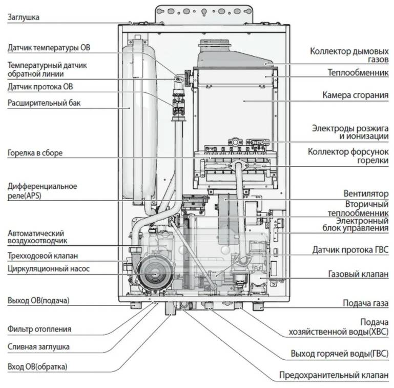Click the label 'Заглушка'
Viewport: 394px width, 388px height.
[x=24, y=17]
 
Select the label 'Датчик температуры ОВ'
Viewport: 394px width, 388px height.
[x=49, y=48]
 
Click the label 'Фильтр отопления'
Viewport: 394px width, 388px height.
[x=39, y=329]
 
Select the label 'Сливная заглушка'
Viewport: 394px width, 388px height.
[x=38, y=347]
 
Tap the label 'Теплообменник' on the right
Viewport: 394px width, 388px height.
[x=358, y=73]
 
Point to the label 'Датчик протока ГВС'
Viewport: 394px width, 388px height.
[x=350, y=250]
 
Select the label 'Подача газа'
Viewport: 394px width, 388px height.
[x=365, y=303]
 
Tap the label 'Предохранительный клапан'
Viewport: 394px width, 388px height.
[x=334, y=375]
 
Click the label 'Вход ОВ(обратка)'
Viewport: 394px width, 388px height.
[x=37, y=366]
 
